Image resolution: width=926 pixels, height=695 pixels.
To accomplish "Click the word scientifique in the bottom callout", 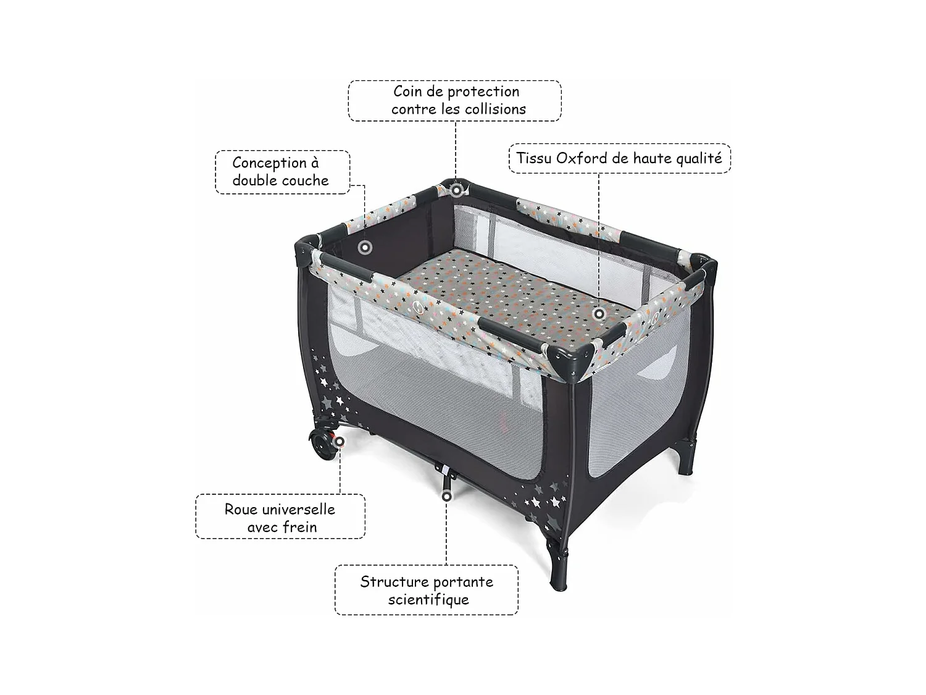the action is pos(428,599).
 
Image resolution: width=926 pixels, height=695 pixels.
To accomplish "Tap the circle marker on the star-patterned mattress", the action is pos(599,314).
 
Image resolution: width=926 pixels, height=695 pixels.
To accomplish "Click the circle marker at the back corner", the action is pos(456,190).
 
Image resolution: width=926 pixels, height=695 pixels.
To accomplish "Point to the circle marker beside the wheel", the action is pos(339,442).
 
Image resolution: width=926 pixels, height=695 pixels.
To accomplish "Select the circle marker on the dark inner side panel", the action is pos(365,247).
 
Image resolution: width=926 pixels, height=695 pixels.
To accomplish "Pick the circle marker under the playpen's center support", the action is pos(446,496).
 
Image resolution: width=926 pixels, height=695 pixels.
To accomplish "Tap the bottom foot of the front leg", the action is pos(559,584).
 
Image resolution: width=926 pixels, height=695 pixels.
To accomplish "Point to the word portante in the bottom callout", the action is pos(460,583).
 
